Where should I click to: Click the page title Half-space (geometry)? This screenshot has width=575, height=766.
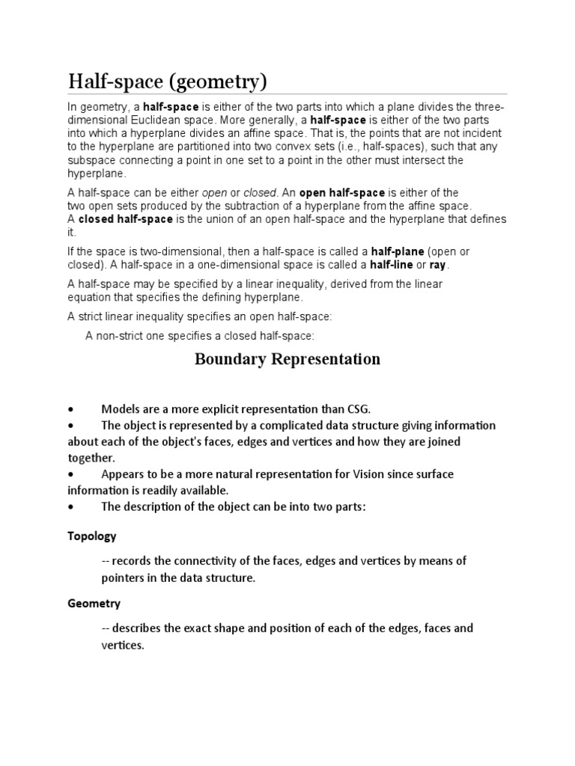click(167, 80)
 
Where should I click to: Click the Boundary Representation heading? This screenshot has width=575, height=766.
click(287, 359)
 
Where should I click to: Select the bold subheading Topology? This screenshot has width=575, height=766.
click(91, 536)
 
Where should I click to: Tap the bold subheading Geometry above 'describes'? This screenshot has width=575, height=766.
click(94, 603)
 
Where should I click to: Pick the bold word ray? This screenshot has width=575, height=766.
click(437, 265)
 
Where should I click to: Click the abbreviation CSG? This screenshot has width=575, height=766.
click(359, 408)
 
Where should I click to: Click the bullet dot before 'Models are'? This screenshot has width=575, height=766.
click(70, 409)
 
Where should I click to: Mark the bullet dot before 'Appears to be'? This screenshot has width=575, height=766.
click(70, 475)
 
